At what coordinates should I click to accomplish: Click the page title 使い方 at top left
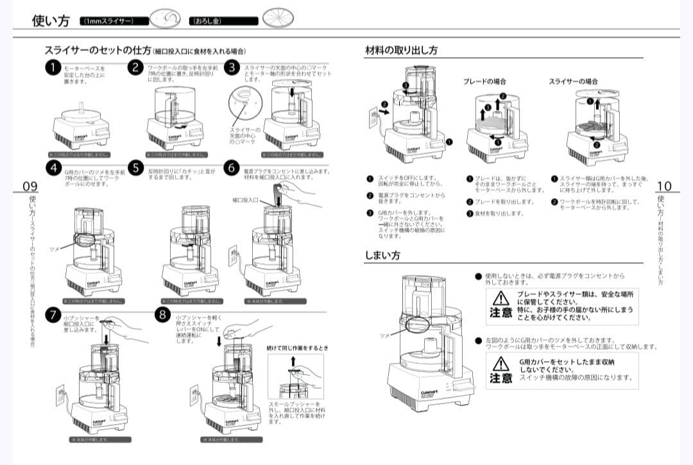click(x=51, y=21)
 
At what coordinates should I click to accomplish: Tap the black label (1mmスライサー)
click(x=107, y=21)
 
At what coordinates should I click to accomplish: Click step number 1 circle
click(x=53, y=68)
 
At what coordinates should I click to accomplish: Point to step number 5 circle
click(x=135, y=168)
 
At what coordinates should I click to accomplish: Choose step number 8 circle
click(x=164, y=315)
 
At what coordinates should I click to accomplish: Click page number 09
click(x=30, y=186)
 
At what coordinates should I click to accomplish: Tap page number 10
click(x=664, y=186)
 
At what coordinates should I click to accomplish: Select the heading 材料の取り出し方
click(x=401, y=50)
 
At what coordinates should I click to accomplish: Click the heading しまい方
click(x=382, y=255)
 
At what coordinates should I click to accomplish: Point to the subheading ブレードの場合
click(x=484, y=81)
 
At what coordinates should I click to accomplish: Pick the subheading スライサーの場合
click(x=573, y=81)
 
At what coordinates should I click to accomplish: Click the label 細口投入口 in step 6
click(x=245, y=200)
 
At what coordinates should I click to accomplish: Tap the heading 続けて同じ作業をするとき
click(x=297, y=347)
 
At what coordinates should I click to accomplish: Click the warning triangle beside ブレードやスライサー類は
click(x=501, y=298)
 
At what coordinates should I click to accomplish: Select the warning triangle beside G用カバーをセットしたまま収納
click(x=501, y=363)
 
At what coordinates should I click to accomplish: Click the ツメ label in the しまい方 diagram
click(x=384, y=335)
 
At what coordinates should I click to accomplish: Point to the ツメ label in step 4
click(x=54, y=248)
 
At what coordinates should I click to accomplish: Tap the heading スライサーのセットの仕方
click(x=98, y=50)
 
